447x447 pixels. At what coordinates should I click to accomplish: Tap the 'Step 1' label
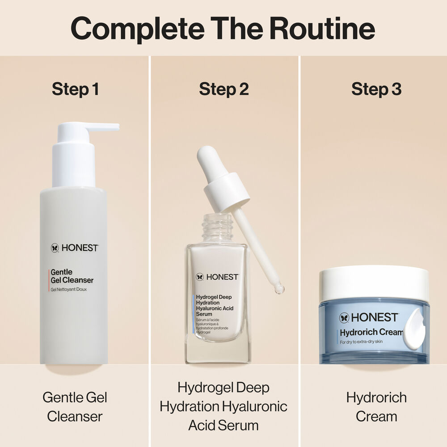coord(75,89)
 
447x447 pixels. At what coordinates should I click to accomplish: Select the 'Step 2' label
coord(223,89)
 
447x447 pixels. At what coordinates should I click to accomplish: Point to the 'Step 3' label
coord(376,89)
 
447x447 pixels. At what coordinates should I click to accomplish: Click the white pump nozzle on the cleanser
coord(103,127)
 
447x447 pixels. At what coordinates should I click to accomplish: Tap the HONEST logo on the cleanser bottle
coord(74,248)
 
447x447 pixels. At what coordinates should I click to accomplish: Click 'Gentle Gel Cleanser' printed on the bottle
coord(72,276)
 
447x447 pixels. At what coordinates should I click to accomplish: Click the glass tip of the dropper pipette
coord(279,289)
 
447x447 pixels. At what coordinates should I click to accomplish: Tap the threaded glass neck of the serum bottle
coord(217,228)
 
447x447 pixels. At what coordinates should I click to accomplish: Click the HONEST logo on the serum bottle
coord(217,277)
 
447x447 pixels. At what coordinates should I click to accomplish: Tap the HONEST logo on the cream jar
coord(369,317)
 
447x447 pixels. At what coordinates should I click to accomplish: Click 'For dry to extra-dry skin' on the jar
coord(361,342)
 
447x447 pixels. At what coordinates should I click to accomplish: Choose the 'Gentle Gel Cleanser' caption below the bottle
coord(75,407)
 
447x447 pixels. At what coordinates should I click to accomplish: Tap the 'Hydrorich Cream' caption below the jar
coord(376,407)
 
